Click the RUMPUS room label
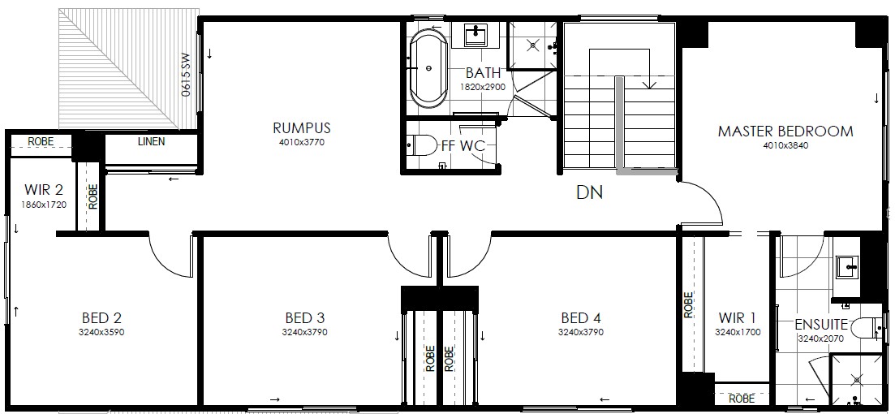coord(301,127)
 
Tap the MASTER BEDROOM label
coord(785,132)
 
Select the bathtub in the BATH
coord(429,68)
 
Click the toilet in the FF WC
coord(422,145)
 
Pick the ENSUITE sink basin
coord(849,267)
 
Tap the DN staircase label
coord(590,193)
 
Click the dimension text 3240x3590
coord(101,332)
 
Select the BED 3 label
coord(305,318)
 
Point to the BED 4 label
coord(581,318)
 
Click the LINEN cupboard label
coord(151,141)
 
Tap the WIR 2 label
coord(44,190)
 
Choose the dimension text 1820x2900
coord(482,88)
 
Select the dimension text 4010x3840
coord(785,145)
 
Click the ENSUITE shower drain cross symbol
coord(856,378)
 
